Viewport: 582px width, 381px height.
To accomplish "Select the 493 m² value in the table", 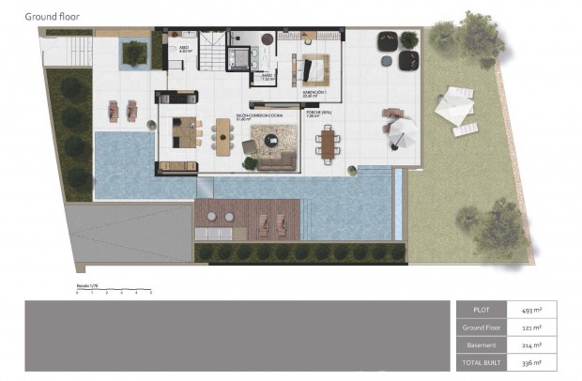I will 522,309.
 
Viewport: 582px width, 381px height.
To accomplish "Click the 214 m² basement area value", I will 522,344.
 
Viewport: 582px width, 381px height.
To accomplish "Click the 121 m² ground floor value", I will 522,327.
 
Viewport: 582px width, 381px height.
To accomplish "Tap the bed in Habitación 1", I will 314,69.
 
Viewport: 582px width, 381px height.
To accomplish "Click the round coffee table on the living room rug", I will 272,142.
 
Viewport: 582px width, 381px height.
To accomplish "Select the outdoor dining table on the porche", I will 328,143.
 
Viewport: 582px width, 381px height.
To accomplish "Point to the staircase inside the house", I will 216,52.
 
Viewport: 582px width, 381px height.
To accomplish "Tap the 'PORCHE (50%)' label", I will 319,112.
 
